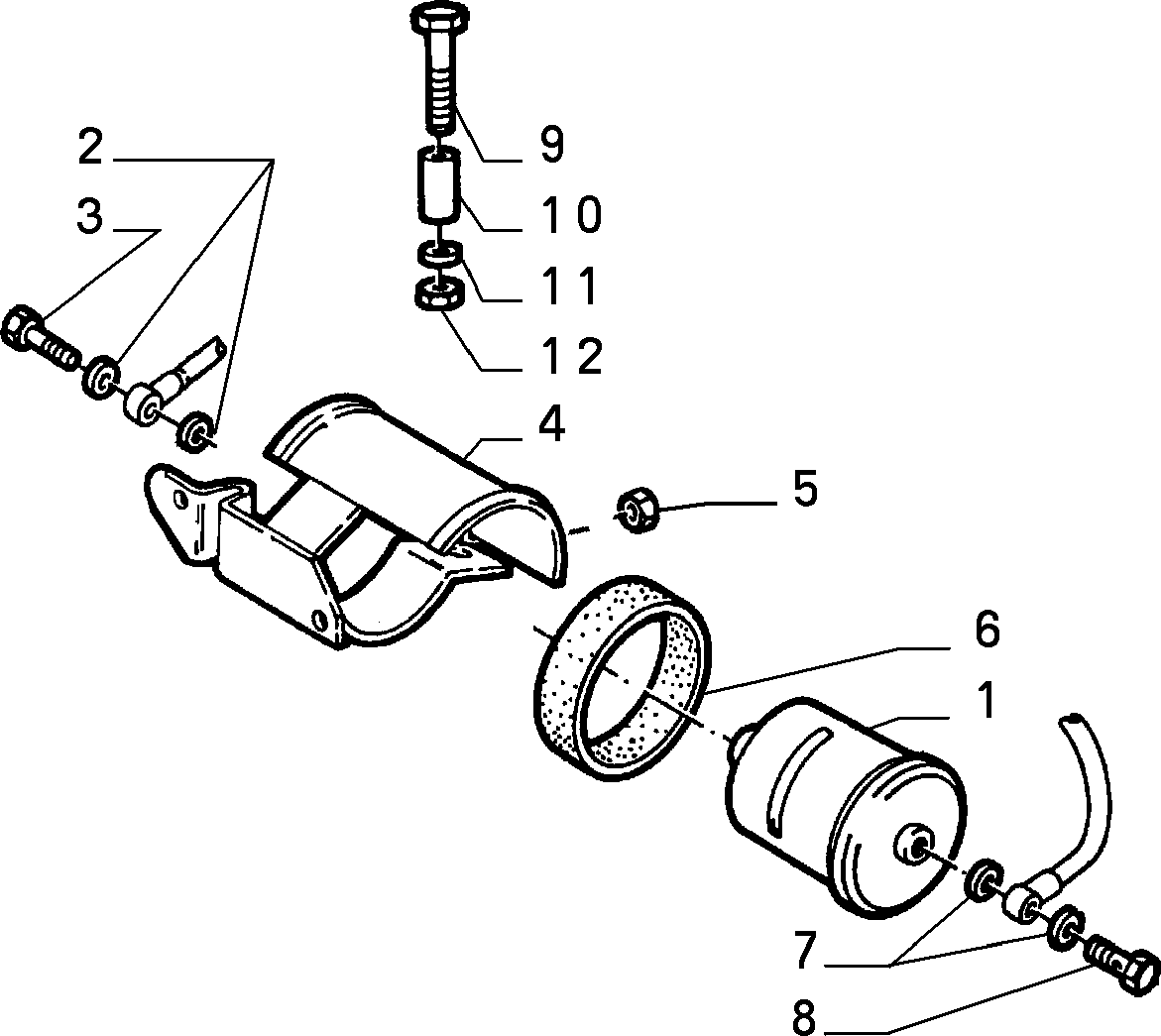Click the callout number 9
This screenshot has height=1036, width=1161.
[x=551, y=144]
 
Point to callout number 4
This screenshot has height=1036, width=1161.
[x=552, y=424]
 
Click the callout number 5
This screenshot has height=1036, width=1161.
[x=805, y=488]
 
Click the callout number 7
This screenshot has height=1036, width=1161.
[x=807, y=950]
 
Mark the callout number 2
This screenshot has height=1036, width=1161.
[x=89, y=147]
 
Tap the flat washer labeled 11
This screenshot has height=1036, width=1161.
[x=440, y=253]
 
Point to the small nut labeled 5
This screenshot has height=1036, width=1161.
[x=637, y=508]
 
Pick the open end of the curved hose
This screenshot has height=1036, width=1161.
[x=1075, y=718]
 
